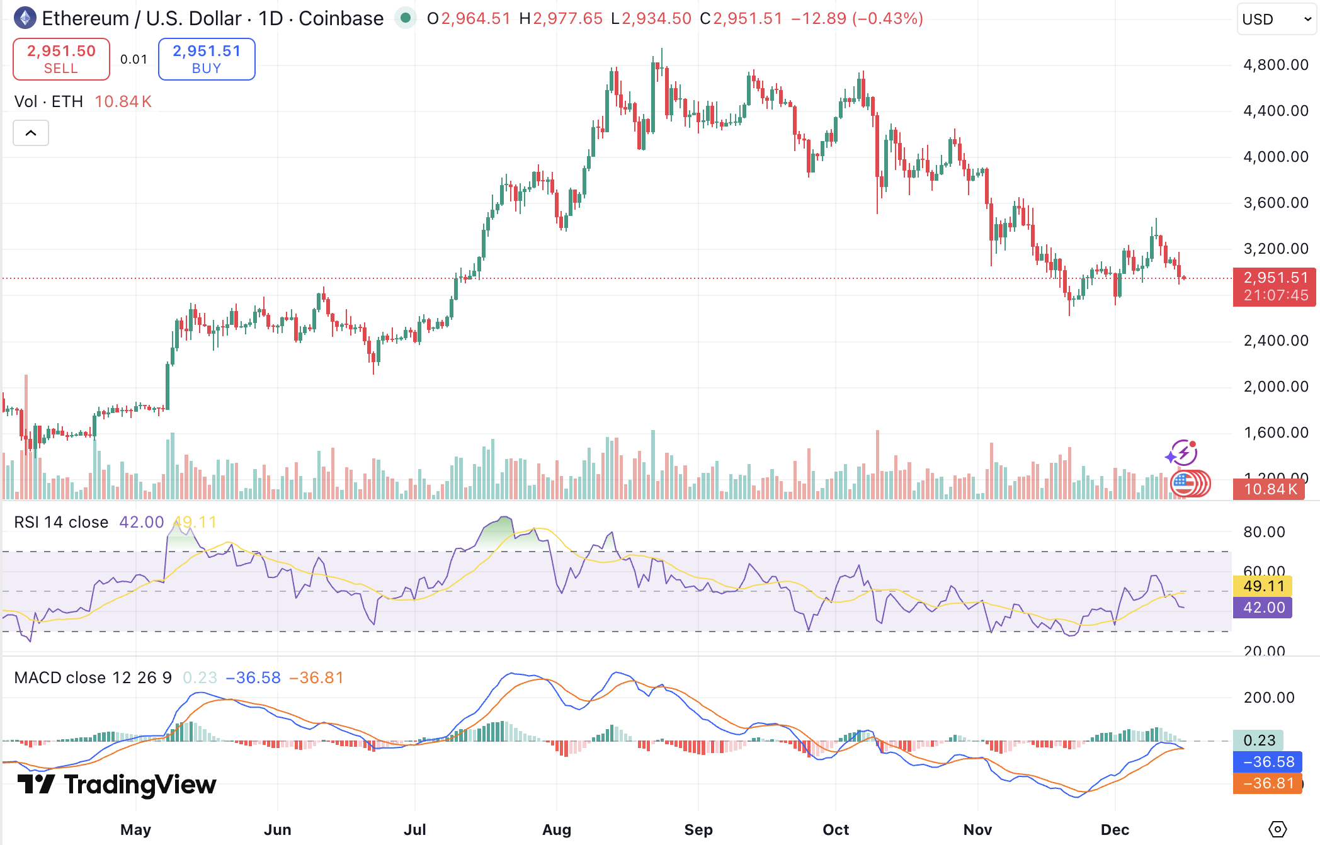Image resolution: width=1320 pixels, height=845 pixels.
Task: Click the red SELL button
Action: pyautogui.click(x=61, y=59)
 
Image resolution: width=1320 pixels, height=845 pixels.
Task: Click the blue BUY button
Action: pyautogui.click(x=207, y=59)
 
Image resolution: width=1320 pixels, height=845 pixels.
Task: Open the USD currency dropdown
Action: pyautogui.click(x=1277, y=20)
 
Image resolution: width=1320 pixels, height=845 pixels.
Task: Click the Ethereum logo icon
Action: pyautogui.click(x=25, y=18)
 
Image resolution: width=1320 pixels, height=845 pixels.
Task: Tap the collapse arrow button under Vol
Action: pyautogui.click(x=31, y=133)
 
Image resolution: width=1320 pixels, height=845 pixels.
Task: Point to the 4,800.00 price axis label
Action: pyautogui.click(x=1275, y=65)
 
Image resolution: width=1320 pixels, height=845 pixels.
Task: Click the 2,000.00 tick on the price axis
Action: pyautogui.click(x=1275, y=387)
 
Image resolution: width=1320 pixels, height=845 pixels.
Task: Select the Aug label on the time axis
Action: pyautogui.click(x=557, y=829)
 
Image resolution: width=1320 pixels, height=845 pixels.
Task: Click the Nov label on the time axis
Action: pyautogui.click(x=977, y=829)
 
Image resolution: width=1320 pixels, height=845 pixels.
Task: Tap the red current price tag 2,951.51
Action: pyautogui.click(x=1275, y=286)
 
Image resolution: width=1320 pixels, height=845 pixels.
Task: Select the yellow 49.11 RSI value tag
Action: pyautogui.click(x=1263, y=586)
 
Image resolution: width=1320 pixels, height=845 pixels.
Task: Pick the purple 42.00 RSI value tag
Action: pyautogui.click(x=1263, y=608)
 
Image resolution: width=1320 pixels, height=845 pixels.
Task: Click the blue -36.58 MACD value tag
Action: pyautogui.click(x=1267, y=762)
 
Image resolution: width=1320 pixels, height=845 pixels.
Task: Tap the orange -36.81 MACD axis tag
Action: pyautogui.click(x=1267, y=783)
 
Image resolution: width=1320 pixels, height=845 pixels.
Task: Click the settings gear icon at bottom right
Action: pyautogui.click(x=1277, y=829)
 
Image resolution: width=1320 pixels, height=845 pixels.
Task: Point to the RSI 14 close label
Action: pyautogui.click(x=61, y=522)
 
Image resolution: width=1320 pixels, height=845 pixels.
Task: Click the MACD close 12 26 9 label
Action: pyautogui.click(x=93, y=678)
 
